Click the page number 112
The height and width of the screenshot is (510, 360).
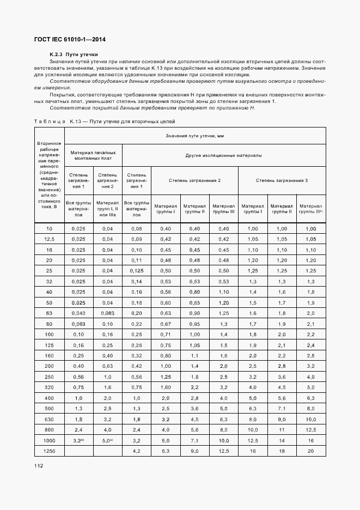[x=39, y=466]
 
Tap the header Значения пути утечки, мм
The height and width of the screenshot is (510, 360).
[x=195, y=135]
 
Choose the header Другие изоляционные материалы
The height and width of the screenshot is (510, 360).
[x=223, y=155]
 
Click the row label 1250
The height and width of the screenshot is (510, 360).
[x=50, y=451]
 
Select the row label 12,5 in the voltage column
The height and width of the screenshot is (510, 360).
[x=50, y=239]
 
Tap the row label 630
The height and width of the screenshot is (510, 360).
[x=50, y=419]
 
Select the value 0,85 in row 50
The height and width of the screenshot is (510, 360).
[x=194, y=302]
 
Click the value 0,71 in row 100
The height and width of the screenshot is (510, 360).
[x=166, y=334]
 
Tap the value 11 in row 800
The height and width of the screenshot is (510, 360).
[x=282, y=429]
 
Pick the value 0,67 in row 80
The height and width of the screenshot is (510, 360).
[x=166, y=324]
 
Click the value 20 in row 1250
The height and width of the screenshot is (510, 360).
[x=311, y=451]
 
